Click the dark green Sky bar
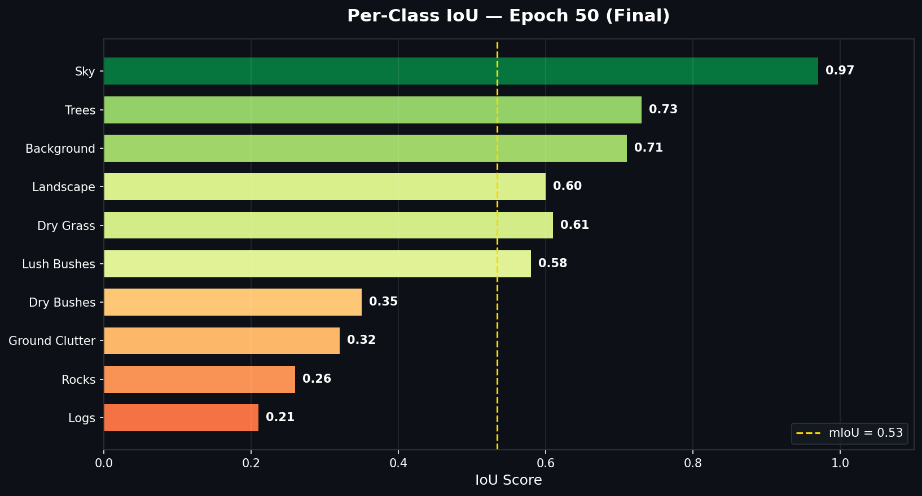point(460,71)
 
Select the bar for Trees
point(372,110)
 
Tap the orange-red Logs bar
point(181,418)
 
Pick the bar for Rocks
point(199,379)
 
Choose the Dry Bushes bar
point(232,302)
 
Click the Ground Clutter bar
point(222,340)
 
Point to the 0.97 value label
point(840,70)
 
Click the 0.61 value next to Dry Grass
point(574,225)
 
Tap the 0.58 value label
point(552,263)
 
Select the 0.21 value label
point(280,417)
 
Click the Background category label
point(60,149)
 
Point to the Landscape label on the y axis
point(64,187)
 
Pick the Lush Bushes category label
point(59,264)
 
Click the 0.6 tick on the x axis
point(545,463)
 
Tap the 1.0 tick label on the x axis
point(840,463)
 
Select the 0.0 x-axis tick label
point(104,463)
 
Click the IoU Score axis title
point(508,480)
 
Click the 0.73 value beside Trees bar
point(663,109)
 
